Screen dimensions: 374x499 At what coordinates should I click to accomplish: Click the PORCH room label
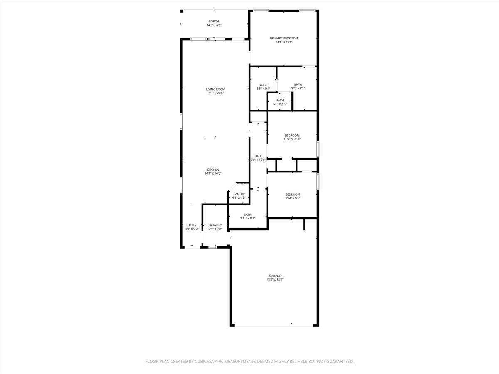214,22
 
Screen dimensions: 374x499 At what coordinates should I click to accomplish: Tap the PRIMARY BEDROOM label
287,38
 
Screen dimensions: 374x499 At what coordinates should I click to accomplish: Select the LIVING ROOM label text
215,89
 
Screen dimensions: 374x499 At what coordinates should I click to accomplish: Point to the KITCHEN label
213,170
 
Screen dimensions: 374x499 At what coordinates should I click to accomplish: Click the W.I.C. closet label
263,85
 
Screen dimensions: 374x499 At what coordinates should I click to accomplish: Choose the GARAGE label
275,276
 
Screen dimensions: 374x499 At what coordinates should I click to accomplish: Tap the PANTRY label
239,194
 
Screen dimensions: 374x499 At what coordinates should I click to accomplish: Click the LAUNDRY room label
215,225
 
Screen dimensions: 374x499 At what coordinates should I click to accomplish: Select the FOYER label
192,225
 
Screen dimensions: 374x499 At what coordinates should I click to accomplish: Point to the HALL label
258,156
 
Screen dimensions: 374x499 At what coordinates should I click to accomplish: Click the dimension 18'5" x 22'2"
275,280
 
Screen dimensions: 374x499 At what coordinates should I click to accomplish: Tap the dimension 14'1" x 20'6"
215,93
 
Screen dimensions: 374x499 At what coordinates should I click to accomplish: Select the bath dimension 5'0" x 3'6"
280,104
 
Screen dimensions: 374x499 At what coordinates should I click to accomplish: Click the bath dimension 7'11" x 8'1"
248,218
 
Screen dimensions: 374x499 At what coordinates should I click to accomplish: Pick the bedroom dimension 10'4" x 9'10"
292,139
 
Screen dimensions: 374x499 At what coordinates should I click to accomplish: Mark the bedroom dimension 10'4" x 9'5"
292,198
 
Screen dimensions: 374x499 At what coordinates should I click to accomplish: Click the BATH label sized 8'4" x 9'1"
298,84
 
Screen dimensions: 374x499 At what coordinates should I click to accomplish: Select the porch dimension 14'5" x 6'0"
214,25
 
